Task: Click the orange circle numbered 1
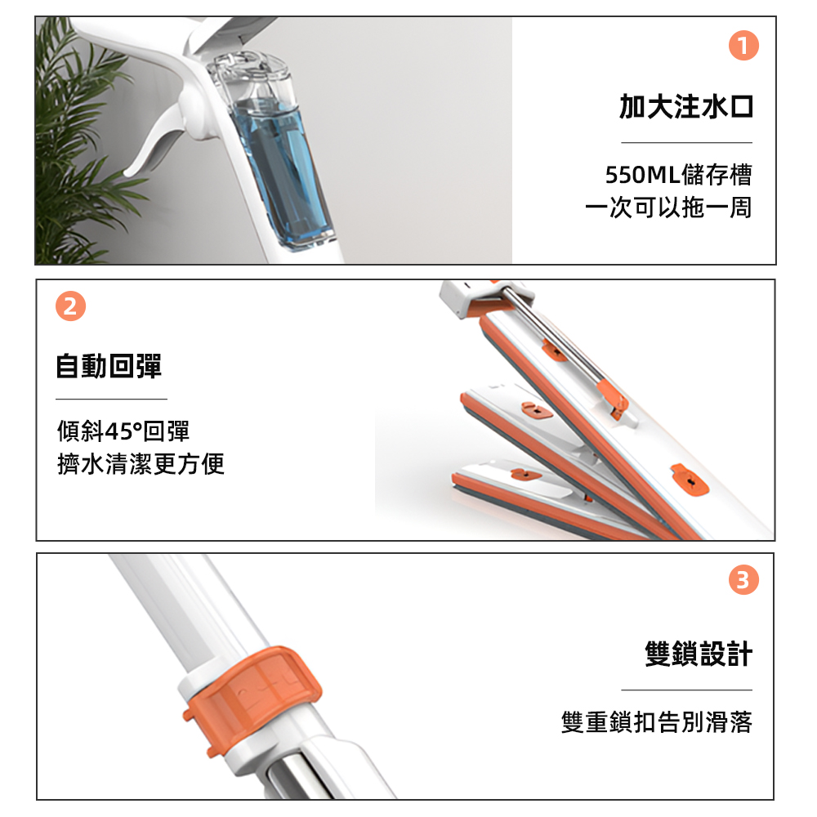(743, 45)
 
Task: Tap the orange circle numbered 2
(70, 306)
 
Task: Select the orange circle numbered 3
(743, 579)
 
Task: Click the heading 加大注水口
(686, 107)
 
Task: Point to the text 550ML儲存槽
(678, 175)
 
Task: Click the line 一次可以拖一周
(668, 208)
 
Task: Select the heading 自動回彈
(109, 366)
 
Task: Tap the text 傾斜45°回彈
(123, 431)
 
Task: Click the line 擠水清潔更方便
(141, 464)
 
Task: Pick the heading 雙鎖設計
(699, 654)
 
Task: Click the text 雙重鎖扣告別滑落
(657, 722)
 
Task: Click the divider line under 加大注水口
(687, 142)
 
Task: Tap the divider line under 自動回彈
(111, 400)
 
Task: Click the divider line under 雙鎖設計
(687, 690)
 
